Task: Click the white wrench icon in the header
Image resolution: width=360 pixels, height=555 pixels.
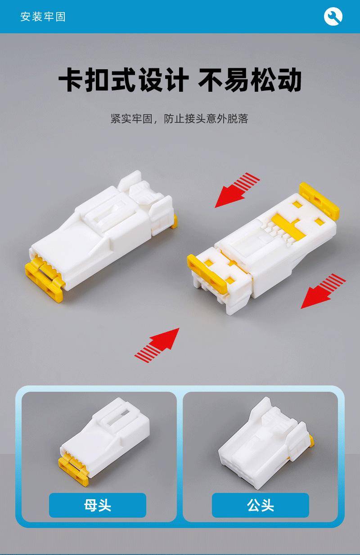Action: [333, 16]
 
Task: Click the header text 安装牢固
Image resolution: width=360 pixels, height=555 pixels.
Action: [43, 17]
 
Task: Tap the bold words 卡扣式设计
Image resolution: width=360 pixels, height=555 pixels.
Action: [123, 80]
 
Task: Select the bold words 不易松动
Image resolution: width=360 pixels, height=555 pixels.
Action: [249, 80]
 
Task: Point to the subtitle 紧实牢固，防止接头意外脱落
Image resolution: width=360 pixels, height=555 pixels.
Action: [179, 119]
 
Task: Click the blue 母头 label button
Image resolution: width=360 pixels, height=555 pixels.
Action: [98, 505]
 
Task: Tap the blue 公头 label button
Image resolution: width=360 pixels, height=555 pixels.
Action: [261, 505]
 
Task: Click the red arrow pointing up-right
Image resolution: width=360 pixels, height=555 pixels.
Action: [157, 345]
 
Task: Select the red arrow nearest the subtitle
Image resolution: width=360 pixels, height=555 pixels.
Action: [237, 190]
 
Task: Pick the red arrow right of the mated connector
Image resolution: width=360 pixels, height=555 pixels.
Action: [323, 291]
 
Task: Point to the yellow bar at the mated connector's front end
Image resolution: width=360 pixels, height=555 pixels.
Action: [207, 273]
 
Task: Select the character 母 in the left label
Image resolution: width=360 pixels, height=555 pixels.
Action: [91, 505]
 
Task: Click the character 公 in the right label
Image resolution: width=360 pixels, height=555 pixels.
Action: [254, 505]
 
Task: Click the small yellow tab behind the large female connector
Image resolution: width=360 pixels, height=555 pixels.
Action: [174, 221]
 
